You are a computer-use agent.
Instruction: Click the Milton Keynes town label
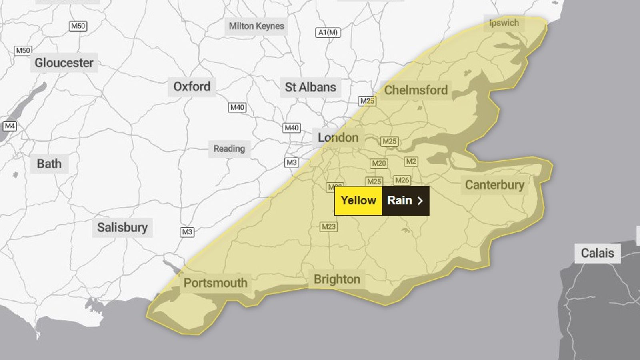[x=256, y=26]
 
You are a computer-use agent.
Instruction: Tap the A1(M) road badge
[x=328, y=32]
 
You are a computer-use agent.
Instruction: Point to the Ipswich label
[x=504, y=23]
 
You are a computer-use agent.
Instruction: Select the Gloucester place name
[x=64, y=63]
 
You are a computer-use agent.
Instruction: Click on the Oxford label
[x=192, y=86]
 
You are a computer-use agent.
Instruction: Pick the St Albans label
[x=310, y=87]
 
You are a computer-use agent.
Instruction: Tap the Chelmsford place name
[x=416, y=90]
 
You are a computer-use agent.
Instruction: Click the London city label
[x=338, y=138]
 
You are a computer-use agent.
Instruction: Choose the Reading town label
[x=229, y=149]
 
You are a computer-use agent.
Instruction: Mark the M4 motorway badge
[x=10, y=126]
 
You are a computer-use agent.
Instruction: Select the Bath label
[x=49, y=164]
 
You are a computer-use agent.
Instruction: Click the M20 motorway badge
[x=379, y=163]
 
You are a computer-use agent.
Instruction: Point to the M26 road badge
[x=402, y=180]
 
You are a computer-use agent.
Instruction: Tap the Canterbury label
[x=494, y=185]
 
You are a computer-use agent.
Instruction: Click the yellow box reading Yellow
[x=358, y=200]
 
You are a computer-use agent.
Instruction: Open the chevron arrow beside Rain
[x=420, y=201]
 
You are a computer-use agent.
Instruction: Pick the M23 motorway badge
[x=329, y=227]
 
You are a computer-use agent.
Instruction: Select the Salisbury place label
[x=122, y=228]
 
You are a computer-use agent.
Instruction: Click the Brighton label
[x=337, y=279]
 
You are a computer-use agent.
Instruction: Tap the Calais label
[x=597, y=253]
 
